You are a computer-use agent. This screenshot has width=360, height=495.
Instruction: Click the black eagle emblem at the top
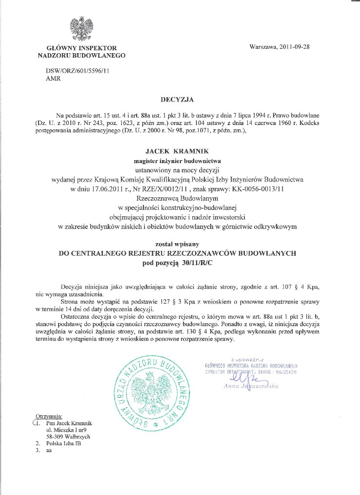click(81, 29)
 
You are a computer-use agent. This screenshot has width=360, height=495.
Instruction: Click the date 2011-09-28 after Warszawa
click(295, 47)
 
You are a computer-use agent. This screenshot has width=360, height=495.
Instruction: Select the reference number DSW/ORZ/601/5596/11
click(74, 71)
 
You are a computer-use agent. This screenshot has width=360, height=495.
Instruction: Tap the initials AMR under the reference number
click(53, 79)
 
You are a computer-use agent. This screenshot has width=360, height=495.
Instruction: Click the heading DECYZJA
click(178, 100)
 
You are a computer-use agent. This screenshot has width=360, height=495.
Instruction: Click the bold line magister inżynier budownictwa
click(178, 161)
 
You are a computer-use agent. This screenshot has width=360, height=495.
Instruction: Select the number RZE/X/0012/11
click(178, 189)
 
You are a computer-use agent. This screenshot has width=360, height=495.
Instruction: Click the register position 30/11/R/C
click(200, 264)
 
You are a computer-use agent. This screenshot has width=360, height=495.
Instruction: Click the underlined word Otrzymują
click(48, 415)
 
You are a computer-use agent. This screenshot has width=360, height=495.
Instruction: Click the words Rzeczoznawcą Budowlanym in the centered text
click(178, 199)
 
